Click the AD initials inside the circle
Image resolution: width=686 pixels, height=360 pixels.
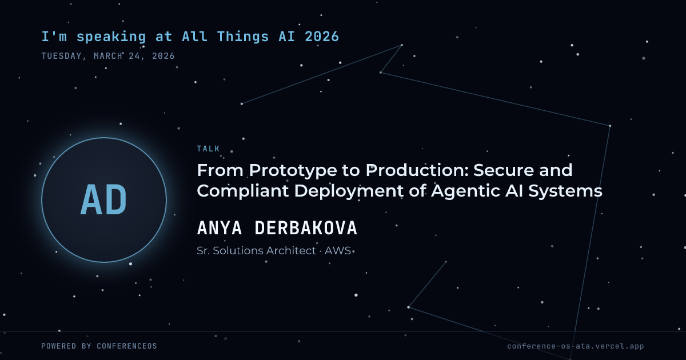coord(103,200)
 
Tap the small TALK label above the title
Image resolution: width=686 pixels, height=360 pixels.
coord(208,149)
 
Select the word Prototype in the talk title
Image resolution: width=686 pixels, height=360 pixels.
coord(293,171)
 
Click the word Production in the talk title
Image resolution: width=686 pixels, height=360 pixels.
coord(417,170)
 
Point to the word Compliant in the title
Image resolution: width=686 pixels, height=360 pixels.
coord(242,191)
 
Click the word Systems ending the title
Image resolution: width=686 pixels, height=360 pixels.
coord(565,191)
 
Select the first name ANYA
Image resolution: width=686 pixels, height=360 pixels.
coord(220,228)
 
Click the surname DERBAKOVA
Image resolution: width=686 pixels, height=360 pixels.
coord(306,228)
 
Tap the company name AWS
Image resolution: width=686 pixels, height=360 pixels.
coord(337,251)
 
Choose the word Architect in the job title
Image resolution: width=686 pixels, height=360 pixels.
coord(290,251)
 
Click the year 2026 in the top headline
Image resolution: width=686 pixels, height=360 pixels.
coord(322,37)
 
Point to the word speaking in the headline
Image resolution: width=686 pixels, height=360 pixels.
coord(111,37)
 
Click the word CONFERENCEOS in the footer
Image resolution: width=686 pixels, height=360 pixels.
coord(127,346)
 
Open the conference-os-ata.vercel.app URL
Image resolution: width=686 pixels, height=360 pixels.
coord(576,346)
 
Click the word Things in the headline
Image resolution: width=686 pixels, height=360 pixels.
coord(243,37)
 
